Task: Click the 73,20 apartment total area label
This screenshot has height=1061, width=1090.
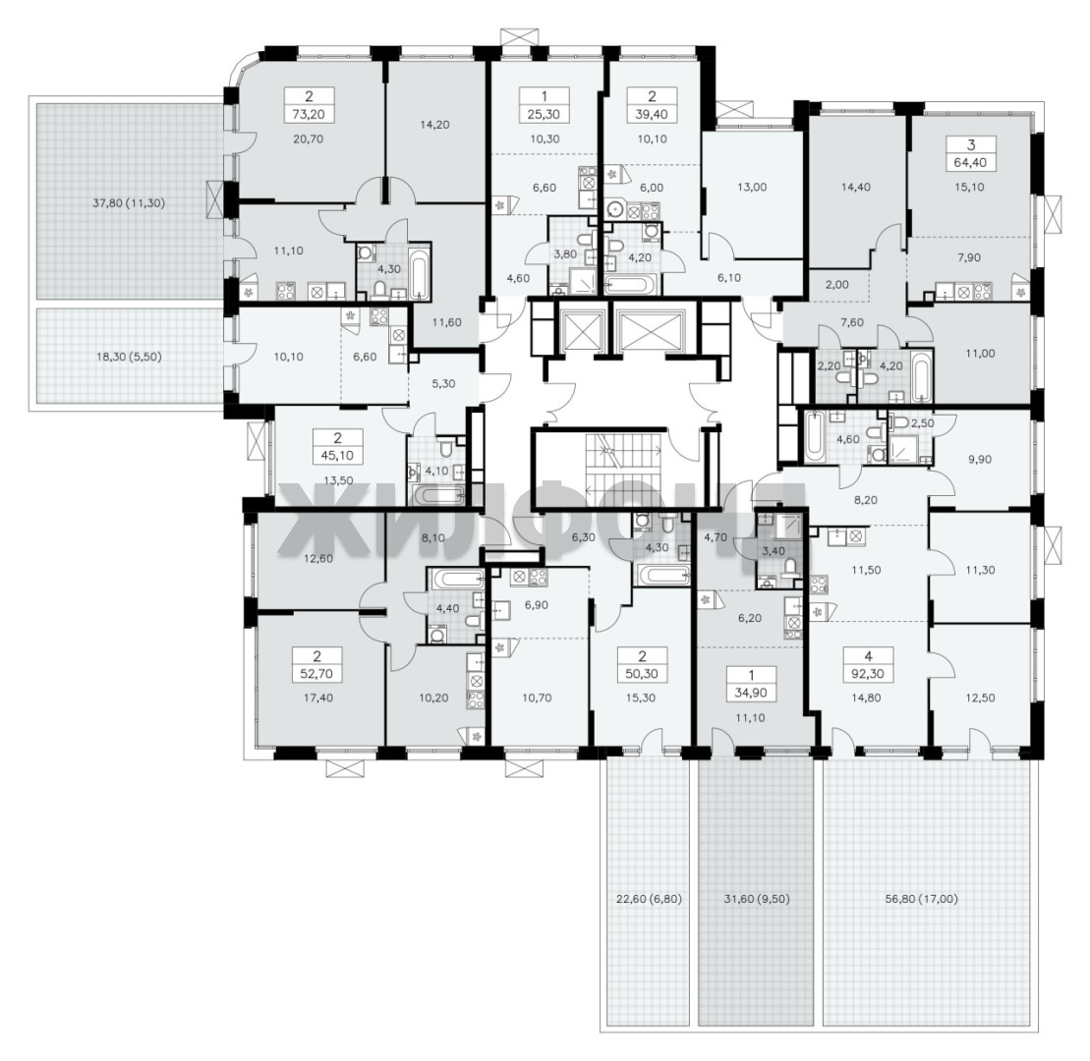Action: (x=308, y=114)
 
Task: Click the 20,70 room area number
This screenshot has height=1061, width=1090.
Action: (x=308, y=139)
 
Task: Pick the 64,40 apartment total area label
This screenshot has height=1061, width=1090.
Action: (x=971, y=163)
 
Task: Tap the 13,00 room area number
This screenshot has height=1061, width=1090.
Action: (x=752, y=187)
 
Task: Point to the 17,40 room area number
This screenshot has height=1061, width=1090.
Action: (x=317, y=698)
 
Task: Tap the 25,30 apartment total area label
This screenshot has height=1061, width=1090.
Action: (x=545, y=114)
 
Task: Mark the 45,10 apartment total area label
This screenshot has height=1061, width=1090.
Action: (x=338, y=456)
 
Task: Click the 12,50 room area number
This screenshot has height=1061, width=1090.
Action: (x=980, y=698)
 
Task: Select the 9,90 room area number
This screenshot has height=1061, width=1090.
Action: (x=980, y=460)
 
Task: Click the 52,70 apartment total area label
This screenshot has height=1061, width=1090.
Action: (x=317, y=673)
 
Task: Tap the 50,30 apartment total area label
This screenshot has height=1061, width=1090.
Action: (x=643, y=673)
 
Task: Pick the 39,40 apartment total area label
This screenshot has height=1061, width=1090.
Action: (x=652, y=114)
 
